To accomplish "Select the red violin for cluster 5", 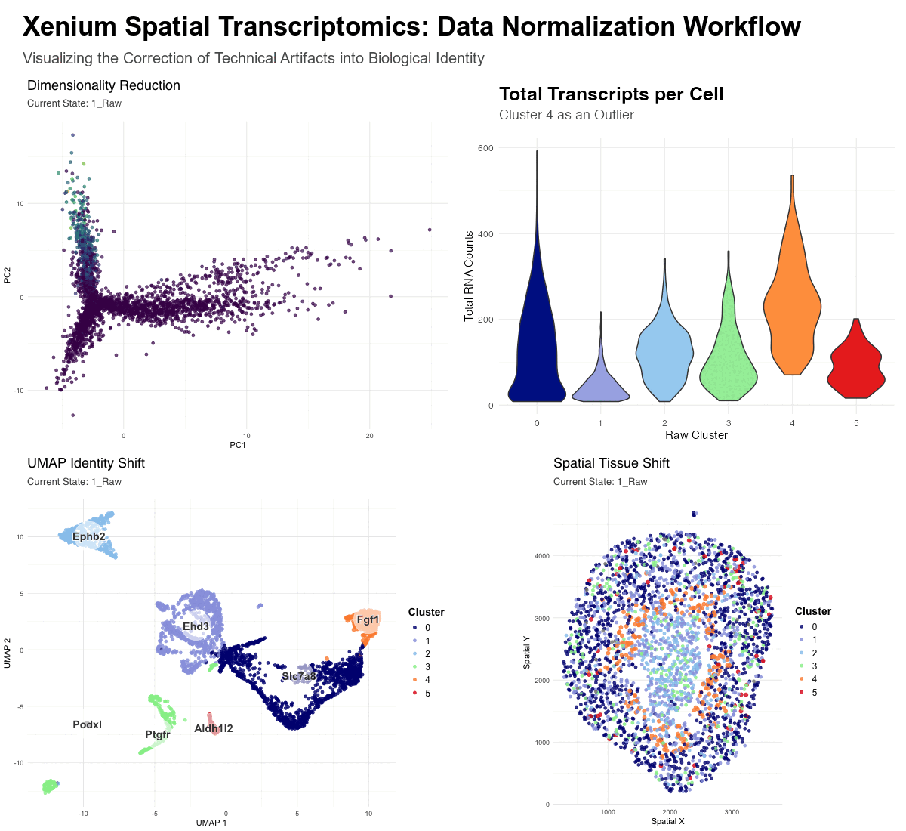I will pyautogui.click(x=855, y=370).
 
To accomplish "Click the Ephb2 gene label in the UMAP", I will pyautogui.click(x=89, y=537).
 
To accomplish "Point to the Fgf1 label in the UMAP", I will pyautogui.click(x=368, y=620).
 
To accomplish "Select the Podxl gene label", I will pyautogui.click(x=87, y=724).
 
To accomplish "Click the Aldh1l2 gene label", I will pyautogui.click(x=213, y=728).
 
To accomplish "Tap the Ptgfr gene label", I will pyautogui.click(x=158, y=734).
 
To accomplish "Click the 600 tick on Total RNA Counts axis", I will pyautogui.click(x=485, y=148).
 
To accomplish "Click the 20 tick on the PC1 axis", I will pyautogui.click(x=369, y=436).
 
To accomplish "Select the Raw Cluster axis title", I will pyautogui.click(x=696, y=435).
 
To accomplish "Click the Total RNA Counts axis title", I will pyautogui.click(x=469, y=276).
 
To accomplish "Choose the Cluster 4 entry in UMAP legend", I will pyautogui.click(x=427, y=680).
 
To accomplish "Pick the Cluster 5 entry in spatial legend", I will pyautogui.click(x=814, y=692).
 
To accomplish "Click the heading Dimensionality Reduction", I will pyautogui.click(x=103, y=85).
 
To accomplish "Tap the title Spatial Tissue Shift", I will pyautogui.click(x=611, y=463).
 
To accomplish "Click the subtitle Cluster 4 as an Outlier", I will pyautogui.click(x=566, y=115).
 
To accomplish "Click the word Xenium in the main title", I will pyautogui.click(x=69, y=26).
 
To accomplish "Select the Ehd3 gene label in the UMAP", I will pyautogui.click(x=196, y=627).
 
